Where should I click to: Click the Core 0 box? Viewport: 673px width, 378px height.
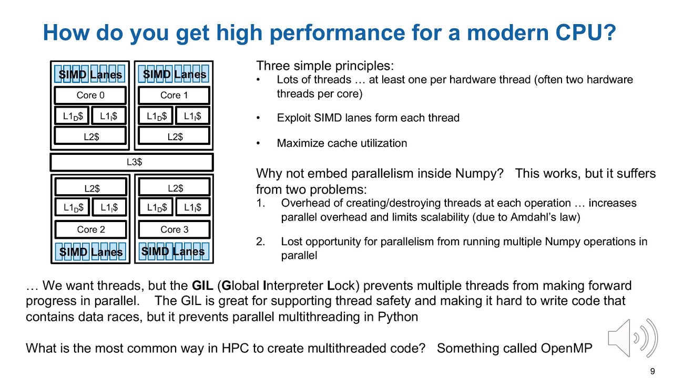[x=90, y=95]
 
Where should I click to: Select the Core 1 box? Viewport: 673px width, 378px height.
[x=174, y=95]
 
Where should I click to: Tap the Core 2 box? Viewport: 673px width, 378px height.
[x=90, y=229]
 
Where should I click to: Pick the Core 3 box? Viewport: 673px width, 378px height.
[x=174, y=229]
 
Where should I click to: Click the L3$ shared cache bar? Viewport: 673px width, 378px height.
[x=131, y=162]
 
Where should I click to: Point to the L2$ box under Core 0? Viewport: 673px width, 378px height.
[x=90, y=136]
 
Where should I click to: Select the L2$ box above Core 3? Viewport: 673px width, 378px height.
[x=174, y=188]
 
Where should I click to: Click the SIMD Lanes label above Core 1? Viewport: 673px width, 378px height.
[x=174, y=75]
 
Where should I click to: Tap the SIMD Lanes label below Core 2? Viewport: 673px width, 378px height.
[x=90, y=252]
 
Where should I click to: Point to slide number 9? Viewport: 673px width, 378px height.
[x=652, y=372]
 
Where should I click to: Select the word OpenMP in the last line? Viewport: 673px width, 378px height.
[x=566, y=348]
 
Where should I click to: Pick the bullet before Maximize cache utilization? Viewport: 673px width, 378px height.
[x=258, y=143]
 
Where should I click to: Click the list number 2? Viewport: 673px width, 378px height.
[x=260, y=241]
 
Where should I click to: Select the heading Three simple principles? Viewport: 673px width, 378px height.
[x=324, y=66]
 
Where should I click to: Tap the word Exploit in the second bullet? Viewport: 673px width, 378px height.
[x=293, y=118]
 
